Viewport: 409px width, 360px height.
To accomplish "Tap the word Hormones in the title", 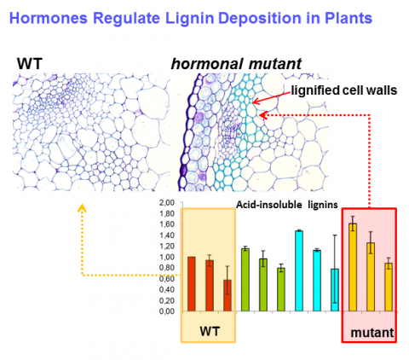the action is (49, 18).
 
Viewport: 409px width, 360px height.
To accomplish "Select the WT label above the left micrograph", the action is (30, 63).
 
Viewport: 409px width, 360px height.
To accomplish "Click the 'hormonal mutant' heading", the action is (236, 64).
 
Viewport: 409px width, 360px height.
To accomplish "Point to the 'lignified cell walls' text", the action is (344, 90).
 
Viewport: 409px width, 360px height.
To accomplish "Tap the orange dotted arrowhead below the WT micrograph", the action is (82, 207).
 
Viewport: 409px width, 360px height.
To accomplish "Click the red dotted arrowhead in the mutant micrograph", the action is (263, 115).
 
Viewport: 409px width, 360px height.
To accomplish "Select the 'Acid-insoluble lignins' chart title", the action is (287, 205).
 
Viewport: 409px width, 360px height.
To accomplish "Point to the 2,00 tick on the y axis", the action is (167, 203).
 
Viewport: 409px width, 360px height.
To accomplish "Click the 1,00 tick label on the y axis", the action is (167, 257).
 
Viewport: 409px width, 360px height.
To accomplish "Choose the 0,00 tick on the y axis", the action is (167, 311).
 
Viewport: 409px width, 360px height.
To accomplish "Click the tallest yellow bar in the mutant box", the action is (353, 267).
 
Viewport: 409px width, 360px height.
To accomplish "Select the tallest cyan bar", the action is (299, 270).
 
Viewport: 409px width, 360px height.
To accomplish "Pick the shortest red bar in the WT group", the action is (228, 295).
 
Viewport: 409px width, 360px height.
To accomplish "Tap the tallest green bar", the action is (245, 280).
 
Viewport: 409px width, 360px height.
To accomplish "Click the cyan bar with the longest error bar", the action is (335, 290).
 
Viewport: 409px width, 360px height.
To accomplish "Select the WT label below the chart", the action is (210, 331).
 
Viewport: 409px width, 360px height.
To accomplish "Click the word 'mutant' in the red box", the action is (372, 333).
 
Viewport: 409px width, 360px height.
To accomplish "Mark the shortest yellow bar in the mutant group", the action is (389, 287).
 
